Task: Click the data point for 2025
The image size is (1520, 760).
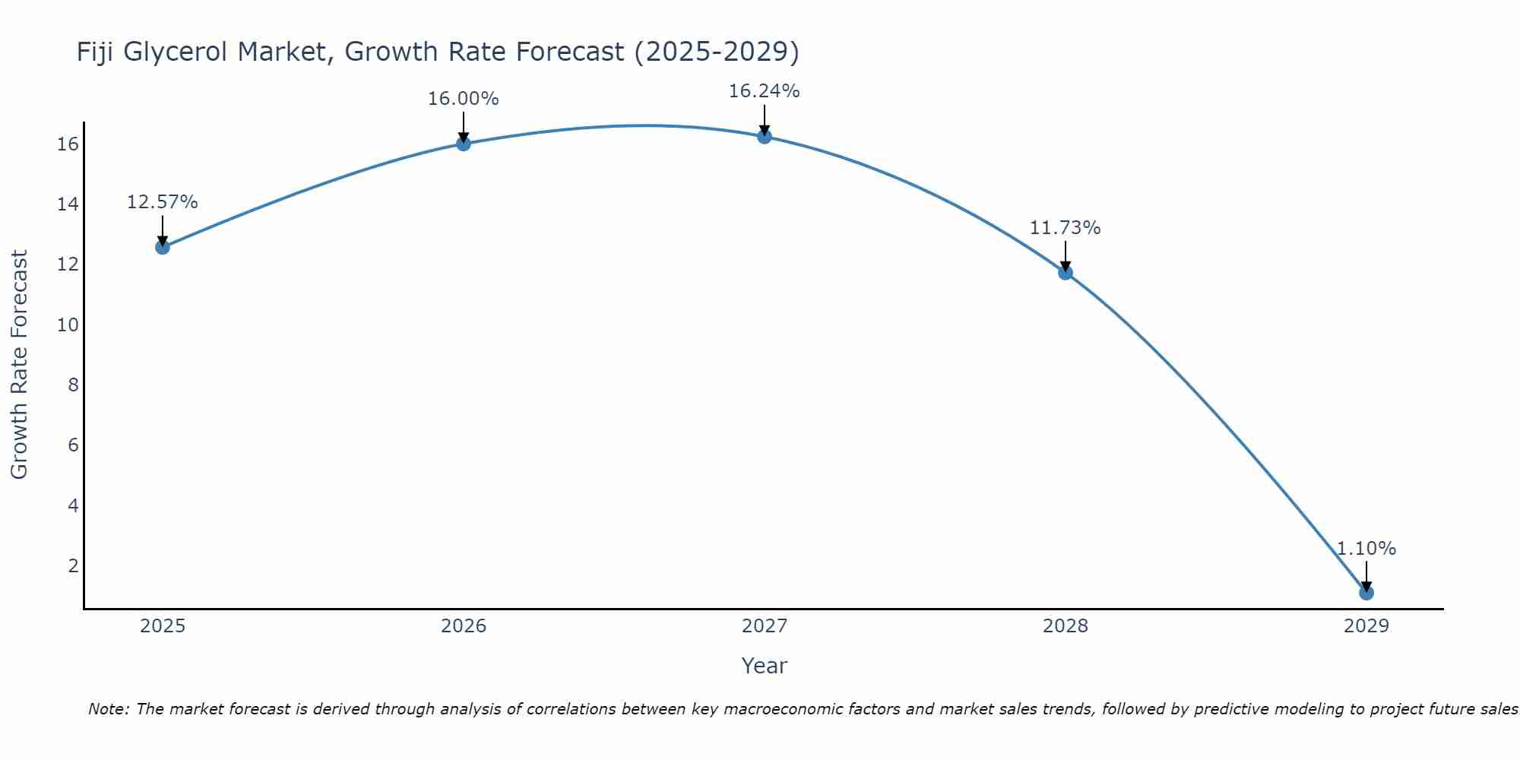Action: (163, 247)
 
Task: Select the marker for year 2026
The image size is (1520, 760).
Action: (464, 144)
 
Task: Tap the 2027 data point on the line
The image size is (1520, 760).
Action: (765, 137)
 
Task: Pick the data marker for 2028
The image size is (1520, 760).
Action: (1066, 272)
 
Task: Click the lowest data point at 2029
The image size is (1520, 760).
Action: (1366, 593)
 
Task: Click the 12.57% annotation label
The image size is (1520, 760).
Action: (162, 202)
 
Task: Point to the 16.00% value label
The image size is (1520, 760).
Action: (463, 99)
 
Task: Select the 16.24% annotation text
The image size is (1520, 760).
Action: (764, 91)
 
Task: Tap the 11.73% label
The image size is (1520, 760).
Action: (1065, 228)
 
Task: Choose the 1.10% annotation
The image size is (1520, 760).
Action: (1366, 549)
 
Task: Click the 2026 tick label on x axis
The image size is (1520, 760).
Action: (464, 626)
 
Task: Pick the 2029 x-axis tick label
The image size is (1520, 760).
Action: (1366, 626)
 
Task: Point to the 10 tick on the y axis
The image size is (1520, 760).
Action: (68, 325)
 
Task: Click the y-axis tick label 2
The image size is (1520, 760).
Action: (73, 565)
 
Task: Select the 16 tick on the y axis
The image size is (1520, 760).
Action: (68, 144)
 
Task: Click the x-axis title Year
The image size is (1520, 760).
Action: (764, 666)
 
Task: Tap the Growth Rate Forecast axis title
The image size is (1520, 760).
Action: (19, 365)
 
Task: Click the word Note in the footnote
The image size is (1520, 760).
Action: (108, 709)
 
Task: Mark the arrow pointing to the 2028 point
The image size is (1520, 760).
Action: (1066, 256)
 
